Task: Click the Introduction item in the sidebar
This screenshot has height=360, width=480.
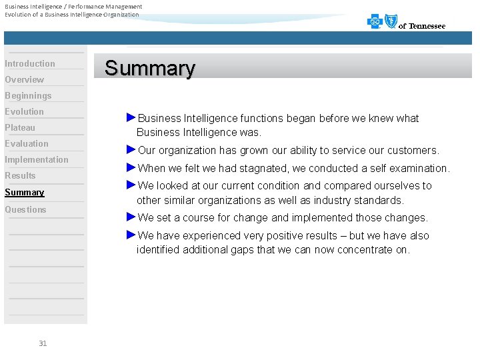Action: (30, 64)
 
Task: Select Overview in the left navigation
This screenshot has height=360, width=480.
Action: (25, 80)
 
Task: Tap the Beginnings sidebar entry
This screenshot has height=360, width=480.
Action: (28, 96)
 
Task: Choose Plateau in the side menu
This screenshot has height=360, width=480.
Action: (20, 128)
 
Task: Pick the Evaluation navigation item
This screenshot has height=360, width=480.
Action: (27, 144)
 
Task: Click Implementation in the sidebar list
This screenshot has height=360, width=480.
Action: (37, 160)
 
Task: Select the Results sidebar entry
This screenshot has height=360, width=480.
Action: (20, 176)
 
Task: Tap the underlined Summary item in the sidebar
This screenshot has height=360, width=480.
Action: (25, 193)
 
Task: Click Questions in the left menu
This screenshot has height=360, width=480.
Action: (25, 210)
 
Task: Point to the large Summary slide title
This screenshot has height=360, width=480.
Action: (150, 68)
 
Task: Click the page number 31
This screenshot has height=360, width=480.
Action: (43, 343)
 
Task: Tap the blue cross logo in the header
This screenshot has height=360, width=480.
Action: (375, 22)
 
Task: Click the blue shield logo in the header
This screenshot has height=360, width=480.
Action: (391, 22)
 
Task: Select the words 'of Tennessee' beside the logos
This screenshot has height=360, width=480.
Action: (422, 26)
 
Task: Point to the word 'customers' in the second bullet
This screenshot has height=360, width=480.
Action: (414, 151)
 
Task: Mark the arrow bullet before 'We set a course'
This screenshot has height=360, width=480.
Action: (131, 217)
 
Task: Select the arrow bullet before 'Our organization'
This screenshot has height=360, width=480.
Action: (131, 149)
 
